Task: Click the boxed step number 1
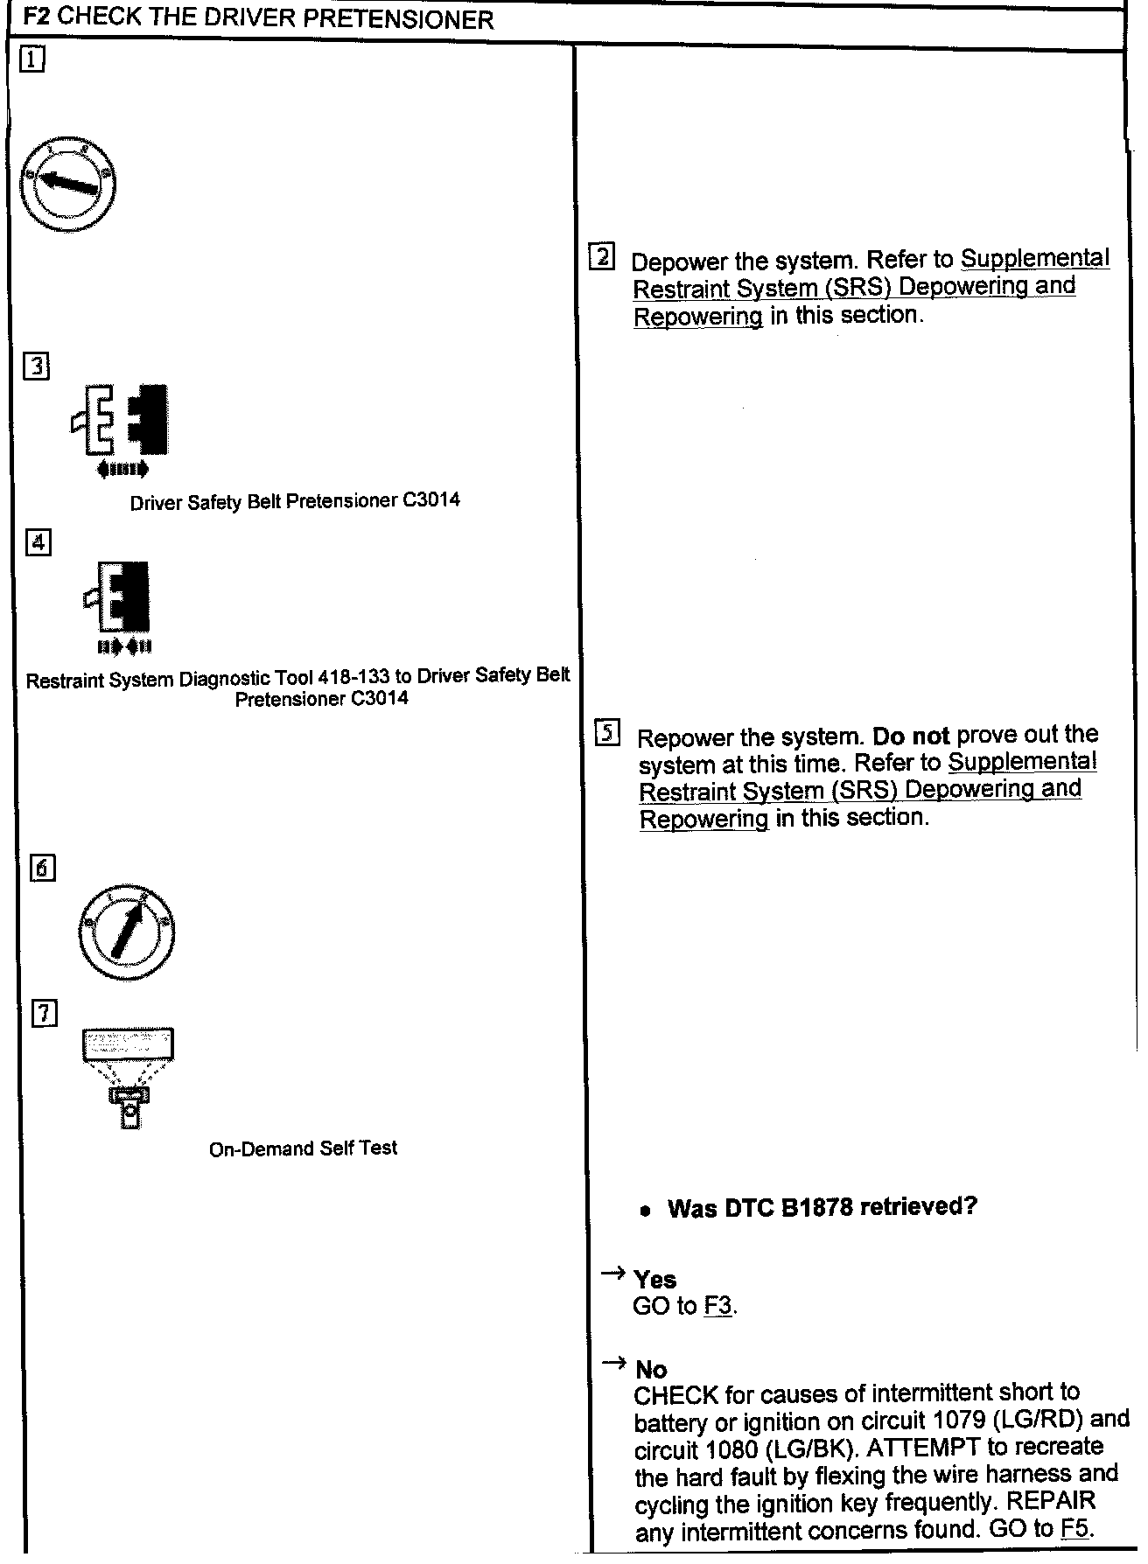point(32,60)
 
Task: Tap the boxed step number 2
point(602,257)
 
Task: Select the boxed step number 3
point(37,367)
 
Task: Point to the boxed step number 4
point(38,542)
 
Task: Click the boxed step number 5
point(607,732)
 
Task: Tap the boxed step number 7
point(45,1014)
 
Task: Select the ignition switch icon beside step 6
point(126,933)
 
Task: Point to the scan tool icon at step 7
point(129,1076)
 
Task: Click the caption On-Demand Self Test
point(303,1149)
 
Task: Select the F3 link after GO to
point(717,1307)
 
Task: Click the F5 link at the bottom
point(1075,1530)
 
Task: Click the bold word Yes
point(654,1280)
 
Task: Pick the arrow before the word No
point(614,1363)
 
